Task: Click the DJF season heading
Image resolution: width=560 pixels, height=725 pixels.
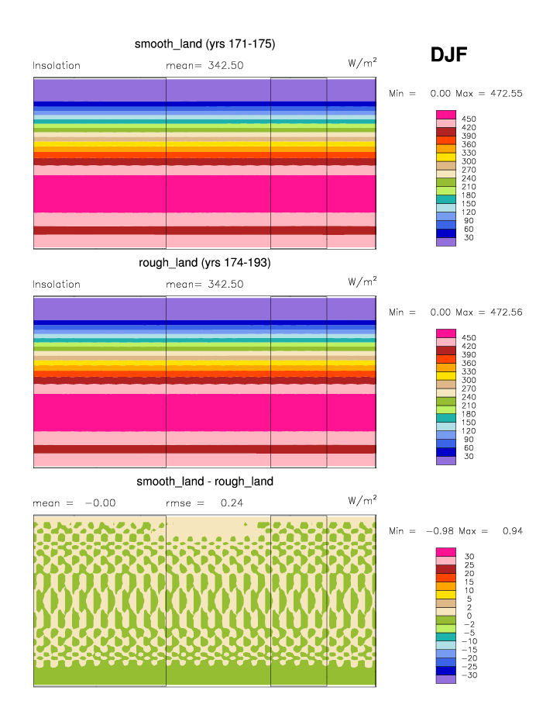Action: click(x=448, y=55)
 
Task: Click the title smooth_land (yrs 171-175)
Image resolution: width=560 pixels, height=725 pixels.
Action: click(x=204, y=44)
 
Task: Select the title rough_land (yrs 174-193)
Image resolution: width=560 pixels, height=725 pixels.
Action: click(x=204, y=263)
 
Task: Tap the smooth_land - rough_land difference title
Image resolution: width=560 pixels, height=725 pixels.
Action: click(x=204, y=482)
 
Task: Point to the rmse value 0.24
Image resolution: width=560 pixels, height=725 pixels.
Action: click(x=227, y=503)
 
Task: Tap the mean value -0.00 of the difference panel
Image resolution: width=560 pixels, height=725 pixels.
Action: click(x=100, y=503)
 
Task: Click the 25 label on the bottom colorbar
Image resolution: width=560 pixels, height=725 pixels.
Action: click(x=469, y=564)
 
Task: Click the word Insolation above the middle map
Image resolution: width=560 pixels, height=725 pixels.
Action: click(x=57, y=285)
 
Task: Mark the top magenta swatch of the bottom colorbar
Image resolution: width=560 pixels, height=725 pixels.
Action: click(x=445, y=552)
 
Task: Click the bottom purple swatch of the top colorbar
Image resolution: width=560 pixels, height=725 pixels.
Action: click(x=445, y=242)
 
